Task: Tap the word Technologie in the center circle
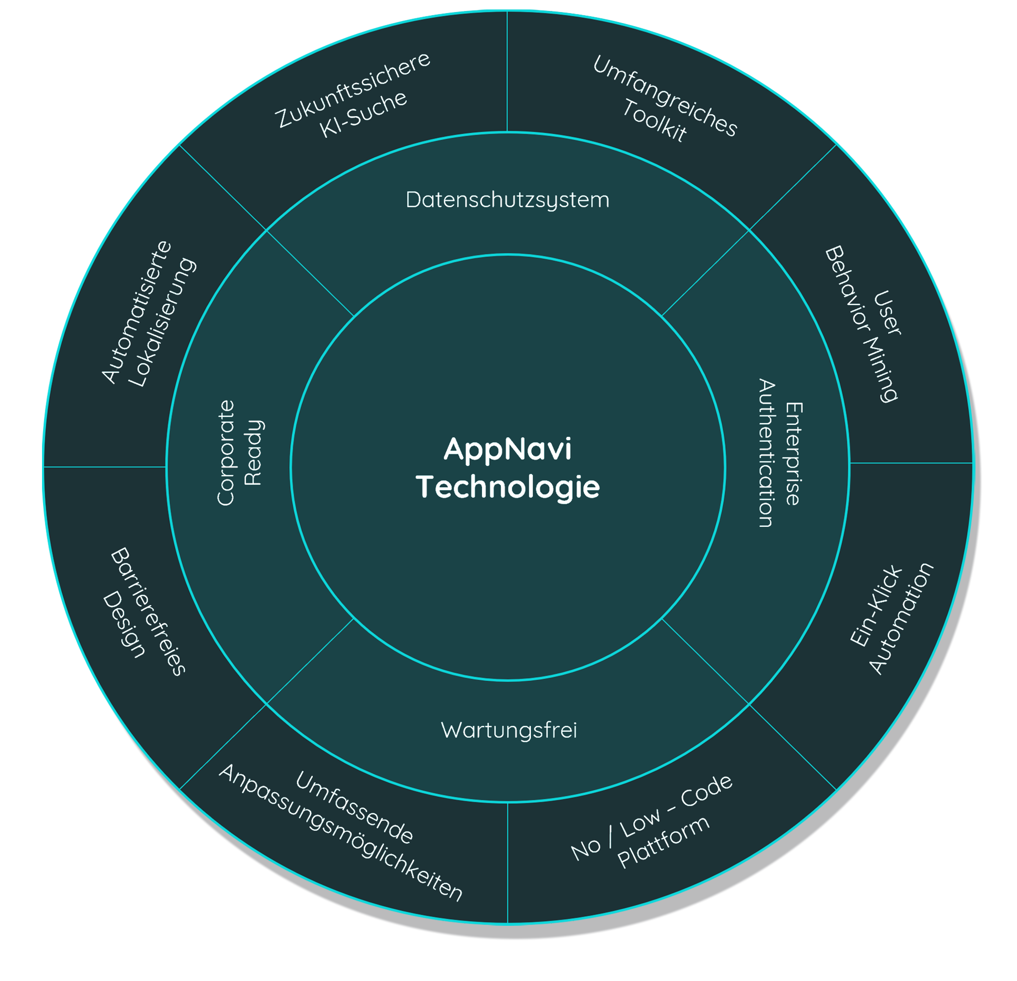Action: pyautogui.click(x=508, y=487)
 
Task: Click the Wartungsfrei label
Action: pyautogui.click(x=509, y=730)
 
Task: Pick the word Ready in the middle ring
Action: pyautogui.click(x=254, y=453)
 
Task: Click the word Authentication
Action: pyautogui.click(x=767, y=453)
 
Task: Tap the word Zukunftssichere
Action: pyautogui.click(x=353, y=89)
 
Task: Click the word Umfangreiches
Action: pyautogui.click(x=665, y=96)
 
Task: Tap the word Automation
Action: pyautogui.click(x=900, y=619)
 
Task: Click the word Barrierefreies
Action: pyautogui.click(x=148, y=611)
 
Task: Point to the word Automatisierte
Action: pyautogui.click(x=137, y=312)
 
